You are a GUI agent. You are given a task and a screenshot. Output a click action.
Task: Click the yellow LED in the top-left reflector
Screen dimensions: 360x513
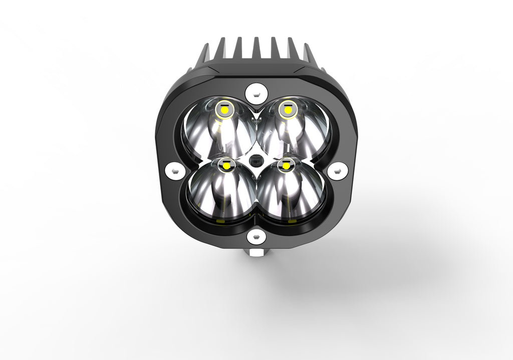pos(223,109)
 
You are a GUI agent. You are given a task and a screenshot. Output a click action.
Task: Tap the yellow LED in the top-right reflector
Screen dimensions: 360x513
pos(287,108)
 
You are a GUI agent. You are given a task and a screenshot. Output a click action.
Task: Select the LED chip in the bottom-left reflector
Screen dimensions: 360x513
pos(227,165)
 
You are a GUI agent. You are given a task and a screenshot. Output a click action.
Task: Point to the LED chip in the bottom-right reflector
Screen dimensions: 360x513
pos(287,165)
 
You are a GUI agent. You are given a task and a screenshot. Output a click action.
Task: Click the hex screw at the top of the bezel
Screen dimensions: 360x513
pos(256,92)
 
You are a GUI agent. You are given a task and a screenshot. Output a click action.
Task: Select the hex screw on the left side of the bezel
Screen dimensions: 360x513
pos(173,171)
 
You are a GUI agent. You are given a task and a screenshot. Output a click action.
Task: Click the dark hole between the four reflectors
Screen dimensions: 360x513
pos(256,161)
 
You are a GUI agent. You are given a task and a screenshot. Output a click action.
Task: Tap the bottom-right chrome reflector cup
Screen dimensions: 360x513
pos(291,193)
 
